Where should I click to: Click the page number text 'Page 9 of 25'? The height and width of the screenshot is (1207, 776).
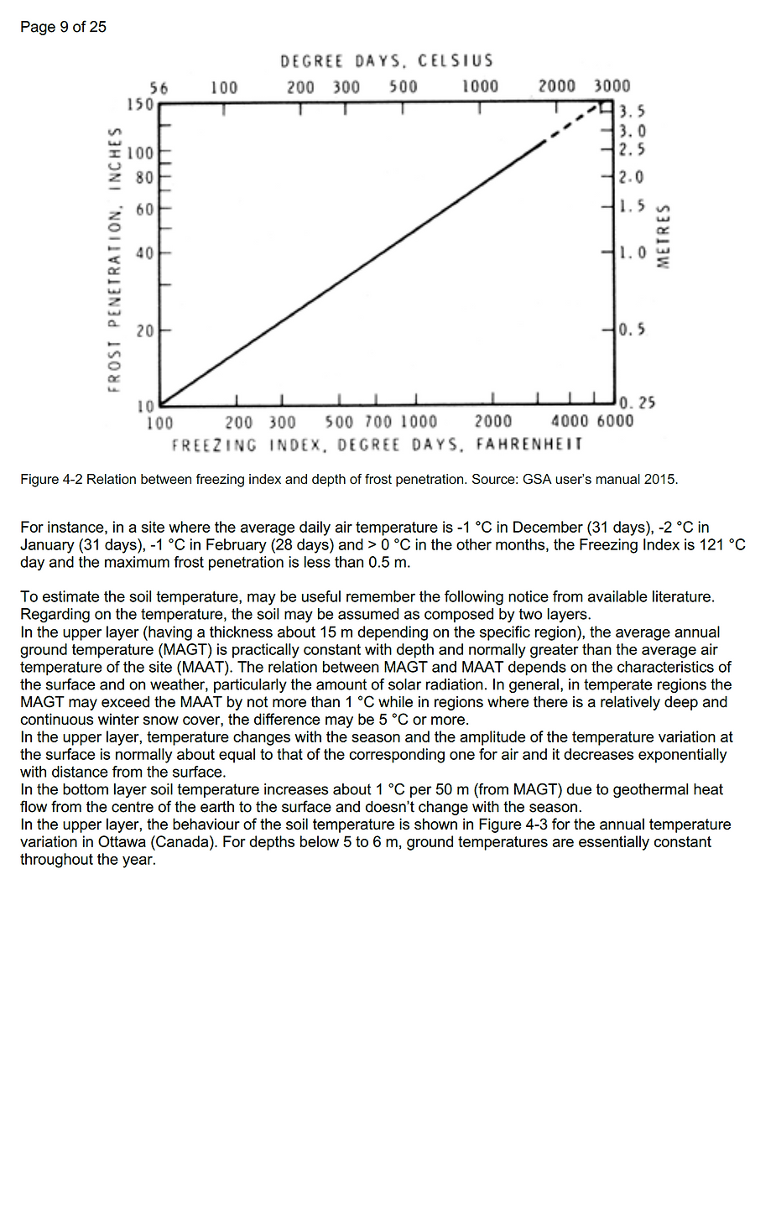pyautogui.click(x=63, y=27)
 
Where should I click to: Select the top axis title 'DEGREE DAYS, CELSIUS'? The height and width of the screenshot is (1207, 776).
pyautogui.click(x=387, y=61)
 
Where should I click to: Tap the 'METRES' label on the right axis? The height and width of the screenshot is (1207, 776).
pyautogui.click(x=664, y=237)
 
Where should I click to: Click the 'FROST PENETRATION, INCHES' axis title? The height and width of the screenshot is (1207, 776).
pyautogui.click(x=114, y=258)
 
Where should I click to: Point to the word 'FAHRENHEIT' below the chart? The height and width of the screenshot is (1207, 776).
pyautogui.click(x=529, y=444)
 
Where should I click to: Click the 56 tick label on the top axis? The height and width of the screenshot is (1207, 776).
pyautogui.click(x=159, y=87)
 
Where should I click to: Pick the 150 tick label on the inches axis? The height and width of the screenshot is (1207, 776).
pyautogui.click(x=140, y=105)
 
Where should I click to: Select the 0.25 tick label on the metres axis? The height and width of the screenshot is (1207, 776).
pyautogui.click(x=637, y=403)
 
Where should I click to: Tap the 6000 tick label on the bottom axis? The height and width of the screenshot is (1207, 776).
pyautogui.click(x=615, y=421)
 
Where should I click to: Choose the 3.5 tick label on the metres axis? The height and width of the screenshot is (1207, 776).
pyautogui.click(x=633, y=112)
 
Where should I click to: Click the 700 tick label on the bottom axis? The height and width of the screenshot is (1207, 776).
pyautogui.click(x=378, y=422)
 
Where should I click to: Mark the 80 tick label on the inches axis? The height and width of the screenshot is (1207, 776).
pyautogui.click(x=145, y=178)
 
